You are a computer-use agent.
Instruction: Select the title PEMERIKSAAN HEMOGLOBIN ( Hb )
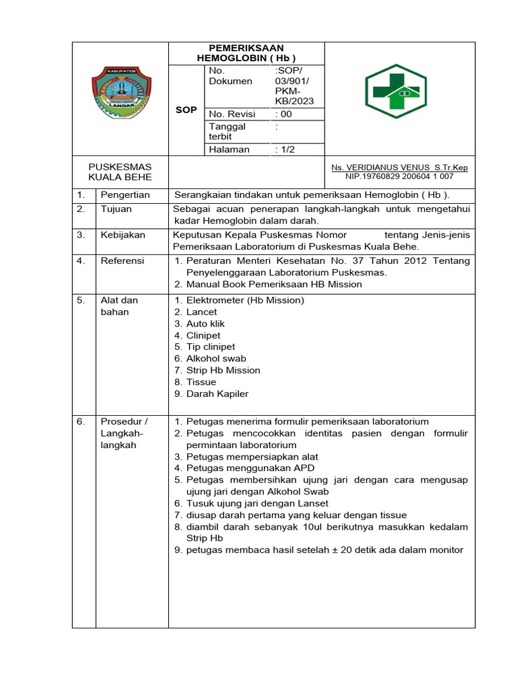click(246, 53)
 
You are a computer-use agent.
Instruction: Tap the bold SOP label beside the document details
click(186, 110)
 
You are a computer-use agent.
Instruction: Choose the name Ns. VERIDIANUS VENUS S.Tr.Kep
click(399, 168)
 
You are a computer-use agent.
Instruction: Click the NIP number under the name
click(399, 177)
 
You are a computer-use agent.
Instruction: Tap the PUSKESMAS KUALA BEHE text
click(120, 172)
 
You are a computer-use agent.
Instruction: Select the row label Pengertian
click(125, 195)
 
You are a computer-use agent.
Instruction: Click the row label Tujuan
click(116, 209)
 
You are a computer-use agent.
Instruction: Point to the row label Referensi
click(123, 260)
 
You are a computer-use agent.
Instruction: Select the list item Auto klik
click(205, 324)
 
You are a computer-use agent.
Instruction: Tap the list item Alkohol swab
click(216, 359)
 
